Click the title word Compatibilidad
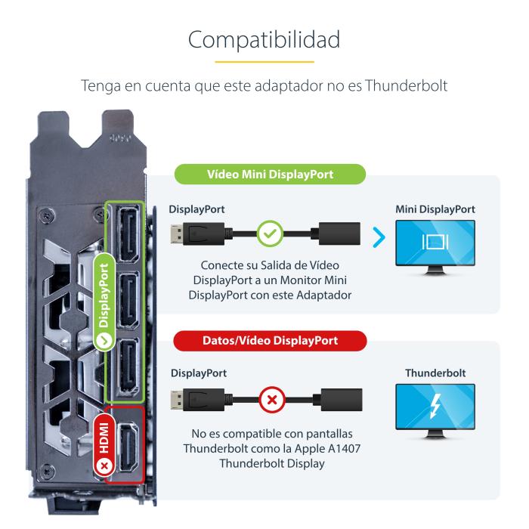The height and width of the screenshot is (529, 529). [x=264, y=40]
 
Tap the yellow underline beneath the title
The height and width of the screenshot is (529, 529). [x=264, y=62]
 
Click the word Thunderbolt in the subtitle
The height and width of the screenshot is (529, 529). [x=407, y=85]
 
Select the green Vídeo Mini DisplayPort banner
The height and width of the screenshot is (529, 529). [x=270, y=174]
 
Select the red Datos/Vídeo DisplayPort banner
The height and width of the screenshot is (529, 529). [x=270, y=340]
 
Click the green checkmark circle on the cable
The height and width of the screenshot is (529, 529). [x=270, y=234]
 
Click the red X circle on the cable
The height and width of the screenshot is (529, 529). [x=272, y=400]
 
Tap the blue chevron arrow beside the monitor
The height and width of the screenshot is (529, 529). [x=379, y=237]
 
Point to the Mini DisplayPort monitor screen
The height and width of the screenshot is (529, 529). [x=435, y=243]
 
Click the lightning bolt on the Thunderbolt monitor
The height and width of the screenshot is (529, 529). [x=435, y=406]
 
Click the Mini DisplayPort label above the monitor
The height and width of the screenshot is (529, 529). [x=435, y=209]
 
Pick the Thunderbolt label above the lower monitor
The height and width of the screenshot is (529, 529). [x=435, y=373]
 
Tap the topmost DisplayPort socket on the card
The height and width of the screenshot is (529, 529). [x=128, y=234]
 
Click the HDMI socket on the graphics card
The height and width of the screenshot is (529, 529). [x=128, y=447]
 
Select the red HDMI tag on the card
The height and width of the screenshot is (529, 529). [x=104, y=445]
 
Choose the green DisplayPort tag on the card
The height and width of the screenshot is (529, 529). [x=104, y=302]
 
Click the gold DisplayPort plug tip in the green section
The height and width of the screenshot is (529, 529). [x=177, y=234]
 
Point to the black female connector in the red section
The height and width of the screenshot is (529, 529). [x=341, y=400]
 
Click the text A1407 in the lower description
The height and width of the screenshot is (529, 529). [x=345, y=448]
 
